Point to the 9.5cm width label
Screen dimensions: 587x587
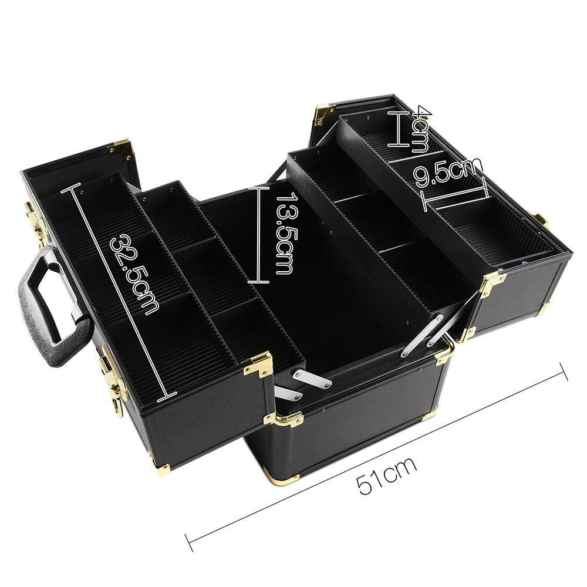coord(446,171)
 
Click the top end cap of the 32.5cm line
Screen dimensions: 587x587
coord(75,187)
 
